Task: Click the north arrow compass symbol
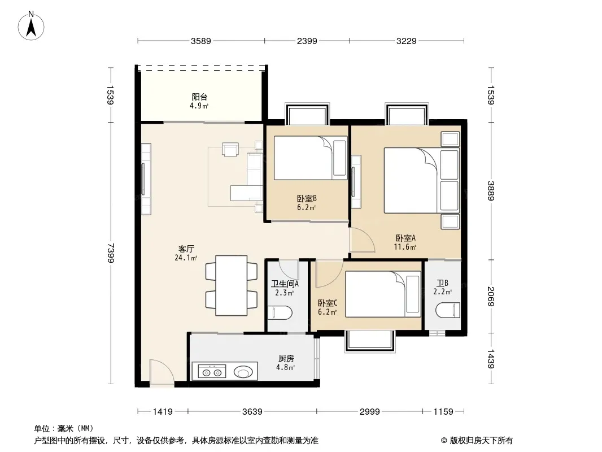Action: click(x=31, y=26)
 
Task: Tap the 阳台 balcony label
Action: click(x=199, y=97)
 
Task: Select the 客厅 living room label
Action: click(x=186, y=249)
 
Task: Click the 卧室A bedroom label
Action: click(x=405, y=238)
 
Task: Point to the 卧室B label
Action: click(x=307, y=198)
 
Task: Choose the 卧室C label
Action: click(x=328, y=303)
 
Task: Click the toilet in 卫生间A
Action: click(x=280, y=312)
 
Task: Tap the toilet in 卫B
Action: click(x=448, y=310)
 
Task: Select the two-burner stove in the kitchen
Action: click(x=212, y=372)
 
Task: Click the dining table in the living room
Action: click(x=231, y=285)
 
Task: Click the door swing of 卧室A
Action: click(x=362, y=240)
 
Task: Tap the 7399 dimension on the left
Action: click(x=111, y=253)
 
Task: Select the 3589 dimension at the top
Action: click(x=201, y=41)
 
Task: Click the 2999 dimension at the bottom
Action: click(x=369, y=412)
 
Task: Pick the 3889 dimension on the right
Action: click(x=491, y=191)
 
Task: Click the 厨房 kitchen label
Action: click(x=286, y=358)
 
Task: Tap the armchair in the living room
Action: click(x=230, y=149)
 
